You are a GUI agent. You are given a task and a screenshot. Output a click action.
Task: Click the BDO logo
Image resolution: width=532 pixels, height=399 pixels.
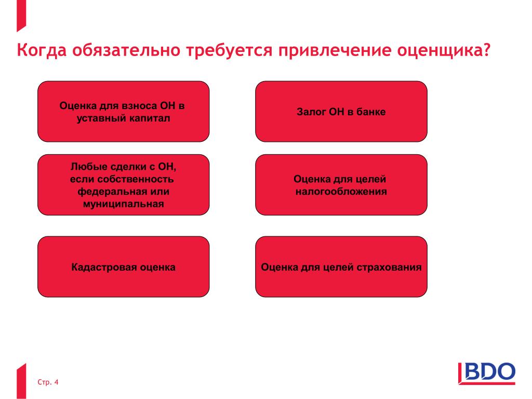point(486,373)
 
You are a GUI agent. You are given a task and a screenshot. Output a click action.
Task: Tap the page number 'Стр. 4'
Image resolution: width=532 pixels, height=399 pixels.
point(48,382)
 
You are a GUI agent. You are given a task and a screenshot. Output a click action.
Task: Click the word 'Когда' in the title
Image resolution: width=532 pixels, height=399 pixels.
point(42,50)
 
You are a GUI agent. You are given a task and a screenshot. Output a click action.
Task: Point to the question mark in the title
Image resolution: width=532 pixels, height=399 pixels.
point(486,49)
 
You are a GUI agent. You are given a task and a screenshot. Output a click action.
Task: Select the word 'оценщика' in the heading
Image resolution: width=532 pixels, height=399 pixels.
point(438,50)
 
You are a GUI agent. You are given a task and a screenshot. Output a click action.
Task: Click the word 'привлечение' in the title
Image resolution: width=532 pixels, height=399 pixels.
point(335,50)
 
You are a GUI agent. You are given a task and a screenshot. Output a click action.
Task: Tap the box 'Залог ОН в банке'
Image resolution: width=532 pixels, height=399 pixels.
point(341,111)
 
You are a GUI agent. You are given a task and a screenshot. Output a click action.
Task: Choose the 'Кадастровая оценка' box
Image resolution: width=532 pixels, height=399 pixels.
point(124,267)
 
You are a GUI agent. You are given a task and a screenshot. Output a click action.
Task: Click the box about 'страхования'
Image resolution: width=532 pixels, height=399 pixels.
point(341,267)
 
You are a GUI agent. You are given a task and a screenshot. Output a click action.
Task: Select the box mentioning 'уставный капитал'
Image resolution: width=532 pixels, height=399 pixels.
point(124,111)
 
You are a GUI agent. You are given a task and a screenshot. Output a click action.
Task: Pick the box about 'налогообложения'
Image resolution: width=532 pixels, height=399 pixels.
point(341,185)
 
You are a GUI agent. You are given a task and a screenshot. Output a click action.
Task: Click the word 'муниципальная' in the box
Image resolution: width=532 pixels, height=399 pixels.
point(124,204)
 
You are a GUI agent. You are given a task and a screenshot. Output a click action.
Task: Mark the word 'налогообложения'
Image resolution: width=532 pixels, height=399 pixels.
point(341,192)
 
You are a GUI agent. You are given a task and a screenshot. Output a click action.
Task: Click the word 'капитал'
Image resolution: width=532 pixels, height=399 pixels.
point(152,118)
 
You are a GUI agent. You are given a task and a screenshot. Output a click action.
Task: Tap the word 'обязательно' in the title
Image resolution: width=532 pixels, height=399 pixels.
point(126,50)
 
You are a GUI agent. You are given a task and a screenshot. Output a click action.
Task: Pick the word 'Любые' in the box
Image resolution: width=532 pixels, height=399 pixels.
point(86,167)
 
